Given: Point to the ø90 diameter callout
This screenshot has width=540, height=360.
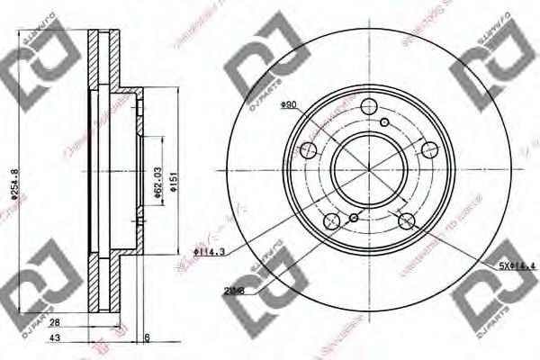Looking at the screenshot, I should (289, 105).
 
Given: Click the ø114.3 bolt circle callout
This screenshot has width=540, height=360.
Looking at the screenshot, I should (209, 253).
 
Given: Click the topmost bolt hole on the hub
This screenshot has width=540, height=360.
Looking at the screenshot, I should (370, 110).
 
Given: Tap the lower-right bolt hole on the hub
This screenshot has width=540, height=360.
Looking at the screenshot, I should (406, 221).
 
